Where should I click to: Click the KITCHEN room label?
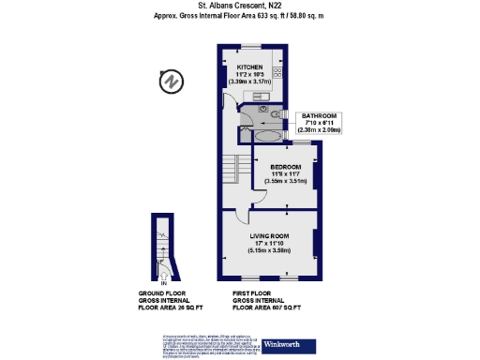coord(248,67)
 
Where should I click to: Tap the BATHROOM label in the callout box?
coord(319,116)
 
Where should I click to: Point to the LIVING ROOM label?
coord(268,235)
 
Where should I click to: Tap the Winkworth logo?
coord(286,346)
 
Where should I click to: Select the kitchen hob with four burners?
coord(278,72)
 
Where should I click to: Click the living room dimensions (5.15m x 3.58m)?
coord(268,251)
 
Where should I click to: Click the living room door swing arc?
coord(241,217)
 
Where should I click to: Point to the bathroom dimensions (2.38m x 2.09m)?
coord(319,131)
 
